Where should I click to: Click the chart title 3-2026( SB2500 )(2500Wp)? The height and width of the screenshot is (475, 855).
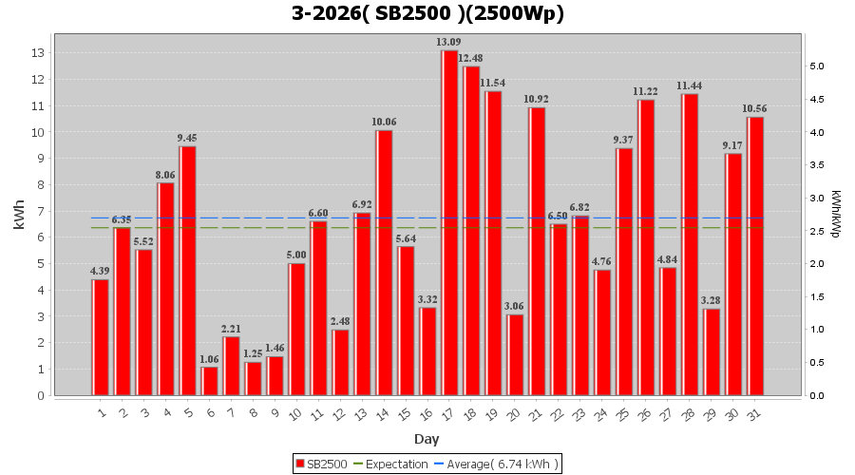click(427, 14)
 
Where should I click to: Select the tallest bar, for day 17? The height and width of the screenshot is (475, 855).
click(449, 222)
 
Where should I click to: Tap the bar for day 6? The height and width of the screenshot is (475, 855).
click(209, 381)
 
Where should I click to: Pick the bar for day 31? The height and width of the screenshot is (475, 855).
click(755, 256)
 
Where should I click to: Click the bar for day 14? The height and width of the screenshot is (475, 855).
click(384, 262)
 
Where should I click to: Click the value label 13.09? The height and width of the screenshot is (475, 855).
click(449, 42)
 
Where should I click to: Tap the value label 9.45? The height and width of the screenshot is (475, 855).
click(187, 138)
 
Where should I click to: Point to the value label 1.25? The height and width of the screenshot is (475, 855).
click(253, 353)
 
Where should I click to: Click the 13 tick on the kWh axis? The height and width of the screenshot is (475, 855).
click(39, 53)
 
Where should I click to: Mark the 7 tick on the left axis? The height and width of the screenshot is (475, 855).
click(39, 211)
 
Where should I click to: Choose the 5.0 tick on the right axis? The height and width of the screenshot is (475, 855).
click(816, 66)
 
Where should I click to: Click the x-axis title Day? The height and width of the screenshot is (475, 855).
click(427, 439)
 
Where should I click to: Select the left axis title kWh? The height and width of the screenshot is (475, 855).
click(19, 215)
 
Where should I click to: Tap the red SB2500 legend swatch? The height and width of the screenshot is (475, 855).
click(300, 464)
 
